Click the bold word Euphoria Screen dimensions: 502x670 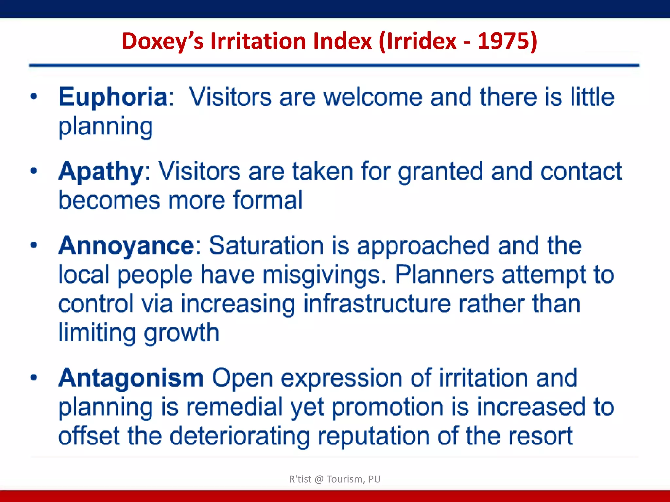[113, 97]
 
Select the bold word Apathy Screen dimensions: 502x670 [101, 172]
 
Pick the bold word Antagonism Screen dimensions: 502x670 [131, 378]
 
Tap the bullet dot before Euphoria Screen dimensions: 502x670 [34, 96]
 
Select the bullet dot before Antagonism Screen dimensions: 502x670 [34, 377]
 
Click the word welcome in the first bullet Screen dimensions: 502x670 [373, 97]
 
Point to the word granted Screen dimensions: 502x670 [440, 172]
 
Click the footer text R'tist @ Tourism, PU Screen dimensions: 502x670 [335, 479]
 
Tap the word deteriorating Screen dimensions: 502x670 [239, 437]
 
